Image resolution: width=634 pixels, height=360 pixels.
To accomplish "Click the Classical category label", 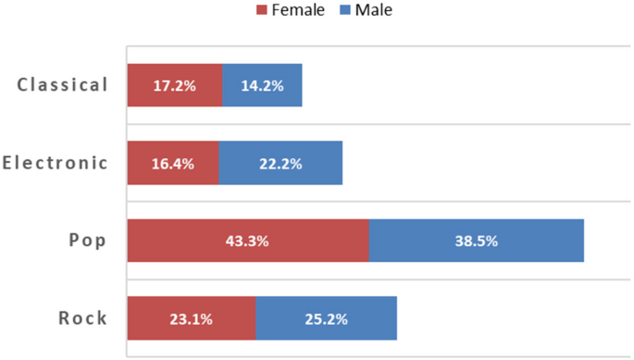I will (x=62, y=85).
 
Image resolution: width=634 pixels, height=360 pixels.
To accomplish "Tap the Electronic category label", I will (x=55, y=163).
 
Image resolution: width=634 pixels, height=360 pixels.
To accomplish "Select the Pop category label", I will (x=88, y=241).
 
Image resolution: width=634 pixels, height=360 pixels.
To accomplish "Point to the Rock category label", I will (x=82, y=318).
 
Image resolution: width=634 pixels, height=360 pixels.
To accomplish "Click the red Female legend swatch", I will (x=261, y=10).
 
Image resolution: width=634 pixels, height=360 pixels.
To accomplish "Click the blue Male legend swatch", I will (x=346, y=10).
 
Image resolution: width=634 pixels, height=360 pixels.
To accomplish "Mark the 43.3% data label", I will (x=247, y=241).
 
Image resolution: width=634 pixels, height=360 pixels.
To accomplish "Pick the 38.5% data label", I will (x=476, y=241).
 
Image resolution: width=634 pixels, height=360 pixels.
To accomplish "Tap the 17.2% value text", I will (x=174, y=86).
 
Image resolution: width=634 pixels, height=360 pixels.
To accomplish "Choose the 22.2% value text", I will (x=280, y=164).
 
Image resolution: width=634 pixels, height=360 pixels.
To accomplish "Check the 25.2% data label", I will (x=326, y=319).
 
